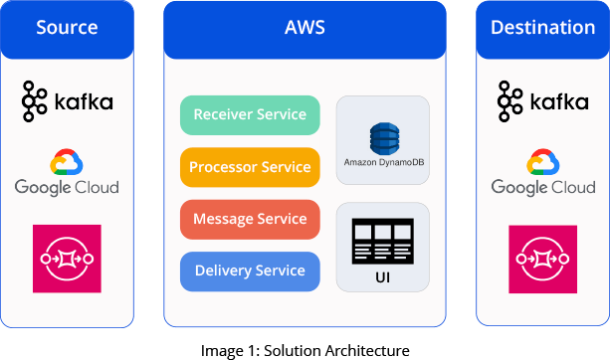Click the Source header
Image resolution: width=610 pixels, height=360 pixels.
tap(67, 28)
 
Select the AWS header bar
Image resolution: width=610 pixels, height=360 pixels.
tap(305, 28)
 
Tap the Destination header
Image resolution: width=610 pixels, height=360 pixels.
tap(542, 28)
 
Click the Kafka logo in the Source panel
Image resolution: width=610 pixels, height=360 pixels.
tap(67, 101)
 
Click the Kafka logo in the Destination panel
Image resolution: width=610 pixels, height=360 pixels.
tap(542, 101)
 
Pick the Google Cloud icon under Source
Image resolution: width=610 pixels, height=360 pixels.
tap(67, 163)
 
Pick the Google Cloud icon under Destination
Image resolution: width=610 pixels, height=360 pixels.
tap(542, 163)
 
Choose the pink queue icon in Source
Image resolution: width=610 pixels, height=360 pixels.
tap(67, 259)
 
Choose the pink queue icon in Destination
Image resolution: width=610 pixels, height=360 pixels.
tap(542, 259)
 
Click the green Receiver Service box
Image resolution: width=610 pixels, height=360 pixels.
tap(250, 115)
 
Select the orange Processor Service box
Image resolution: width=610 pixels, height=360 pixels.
tap(250, 167)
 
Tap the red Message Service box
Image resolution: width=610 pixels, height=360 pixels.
tap(250, 219)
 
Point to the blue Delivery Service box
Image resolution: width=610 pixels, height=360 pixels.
tap(250, 270)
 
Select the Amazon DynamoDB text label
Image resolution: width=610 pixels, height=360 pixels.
tap(383, 161)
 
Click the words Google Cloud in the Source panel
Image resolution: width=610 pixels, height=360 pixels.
tap(67, 186)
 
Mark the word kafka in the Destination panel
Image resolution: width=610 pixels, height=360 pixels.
tap(558, 101)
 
